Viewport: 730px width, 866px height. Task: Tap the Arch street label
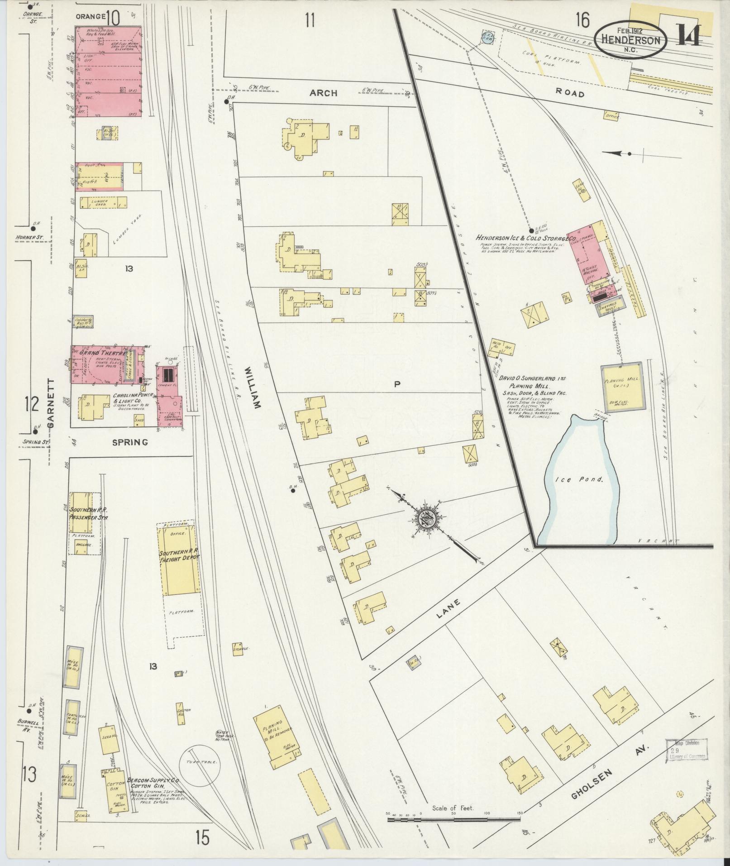[x=323, y=93]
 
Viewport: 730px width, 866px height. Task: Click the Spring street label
[x=130, y=442]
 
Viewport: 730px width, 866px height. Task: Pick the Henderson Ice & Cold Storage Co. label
[x=525, y=239]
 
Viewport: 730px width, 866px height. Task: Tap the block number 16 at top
[x=583, y=20]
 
